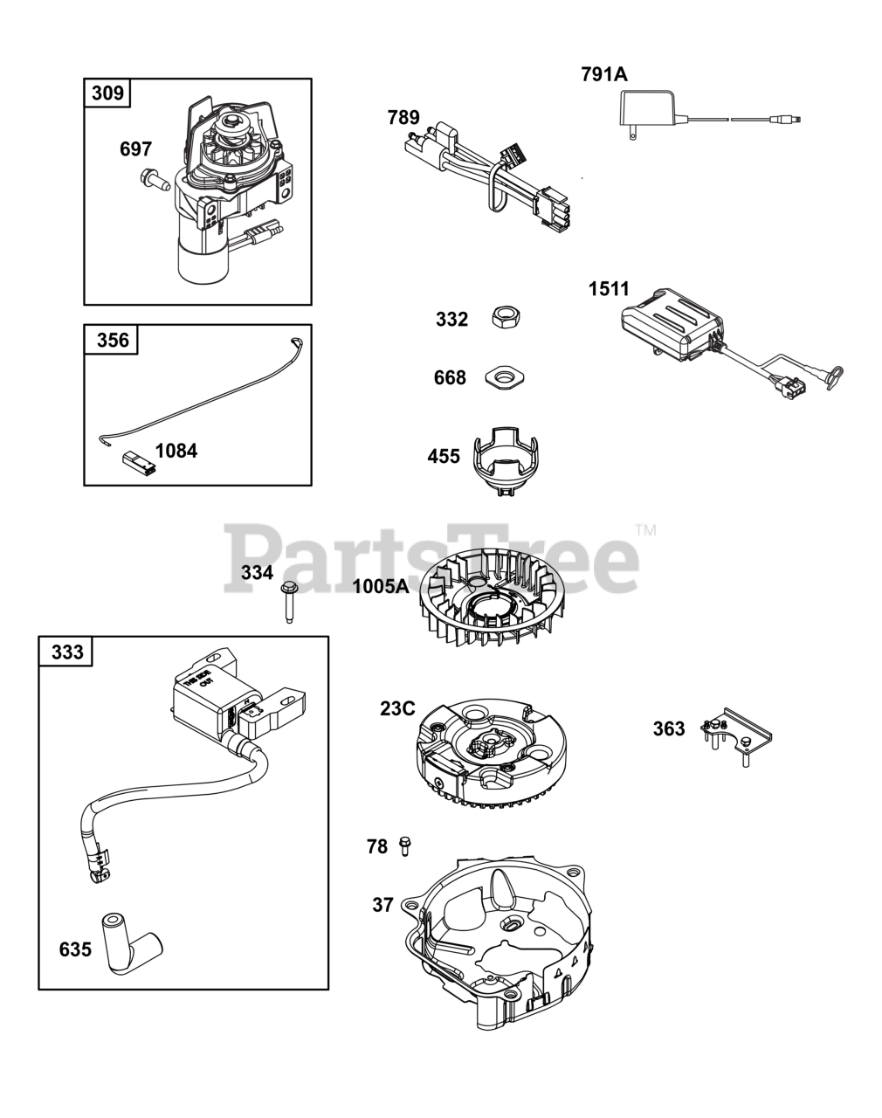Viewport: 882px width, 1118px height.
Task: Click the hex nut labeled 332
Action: [x=502, y=317]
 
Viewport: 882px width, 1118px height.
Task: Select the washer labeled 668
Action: [x=504, y=377]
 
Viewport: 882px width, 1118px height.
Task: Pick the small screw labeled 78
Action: [x=404, y=845]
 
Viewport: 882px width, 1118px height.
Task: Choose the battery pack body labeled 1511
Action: [x=671, y=322]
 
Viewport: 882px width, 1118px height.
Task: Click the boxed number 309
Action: [x=107, y=93]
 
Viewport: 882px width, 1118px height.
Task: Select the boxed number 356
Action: [x=112, y=340]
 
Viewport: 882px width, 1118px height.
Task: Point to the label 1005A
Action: [x=381, y=586]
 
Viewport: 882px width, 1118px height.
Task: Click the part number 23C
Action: [x=397, y=708]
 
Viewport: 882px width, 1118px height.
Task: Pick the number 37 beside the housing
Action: [x=382, y=905]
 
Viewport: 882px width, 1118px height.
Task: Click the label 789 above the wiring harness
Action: [x=403, y=118]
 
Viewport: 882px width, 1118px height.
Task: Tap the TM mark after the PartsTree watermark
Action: [x=645, y=529]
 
